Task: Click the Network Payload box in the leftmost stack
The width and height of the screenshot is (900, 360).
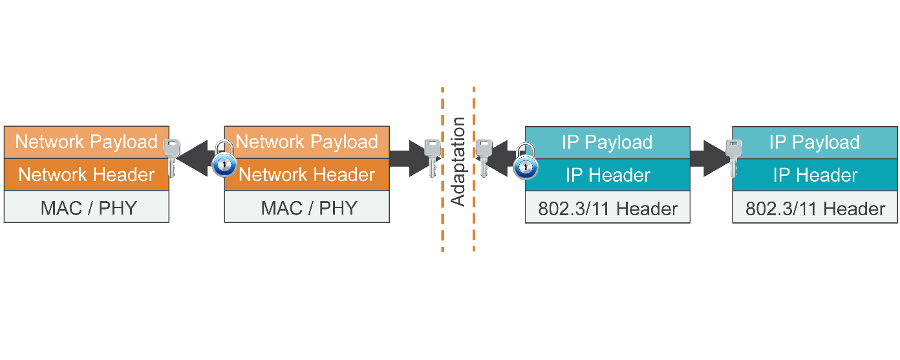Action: tap(86, 142)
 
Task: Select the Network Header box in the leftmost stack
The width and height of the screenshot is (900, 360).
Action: tap(86, 175)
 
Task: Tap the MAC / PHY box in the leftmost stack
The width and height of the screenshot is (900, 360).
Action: tap(86, 207)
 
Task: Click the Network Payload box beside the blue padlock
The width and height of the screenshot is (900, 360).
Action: tap(307, 142)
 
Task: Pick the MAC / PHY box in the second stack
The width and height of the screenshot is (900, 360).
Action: tap(307, 207)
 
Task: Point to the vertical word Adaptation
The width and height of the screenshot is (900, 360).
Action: tap(458, 162)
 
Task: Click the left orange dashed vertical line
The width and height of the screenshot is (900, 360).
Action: tap(442, 213)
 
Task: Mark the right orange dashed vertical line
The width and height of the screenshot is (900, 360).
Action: tap(474, 213)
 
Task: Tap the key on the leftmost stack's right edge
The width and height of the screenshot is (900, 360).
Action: tap(171, 157)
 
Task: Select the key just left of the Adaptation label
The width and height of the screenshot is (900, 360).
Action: tap(431, 157)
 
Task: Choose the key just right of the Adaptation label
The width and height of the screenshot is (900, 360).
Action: tap(483, 157)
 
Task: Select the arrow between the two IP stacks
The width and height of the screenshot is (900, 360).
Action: tap(708, 158)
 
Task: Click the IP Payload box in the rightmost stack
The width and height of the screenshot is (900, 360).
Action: tap(815, 142)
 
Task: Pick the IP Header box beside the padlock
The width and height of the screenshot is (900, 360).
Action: tap(608, 175)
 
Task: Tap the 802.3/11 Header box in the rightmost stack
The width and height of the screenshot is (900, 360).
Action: tap(815, 208)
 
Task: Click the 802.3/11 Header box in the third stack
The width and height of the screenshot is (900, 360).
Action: tap(608, 208)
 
